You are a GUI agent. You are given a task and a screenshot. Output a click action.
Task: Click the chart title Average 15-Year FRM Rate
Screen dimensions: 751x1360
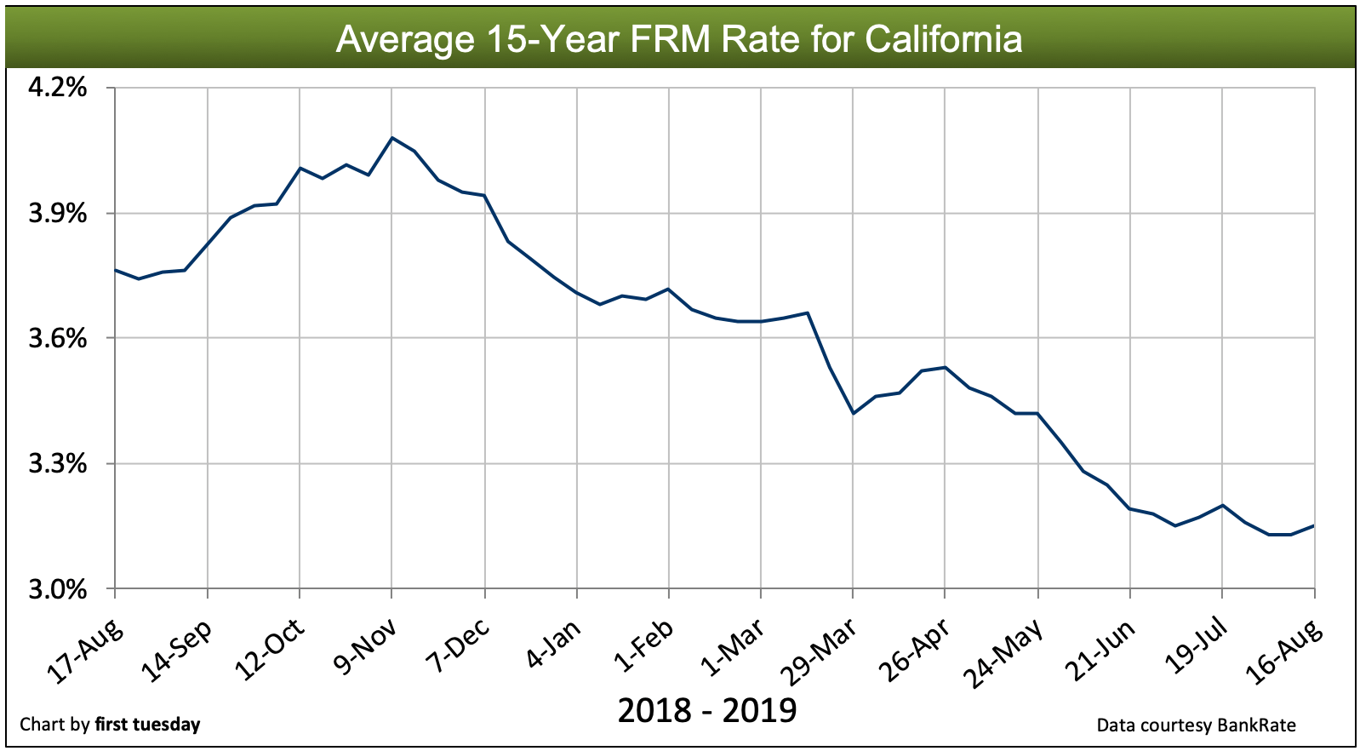coord(678,39)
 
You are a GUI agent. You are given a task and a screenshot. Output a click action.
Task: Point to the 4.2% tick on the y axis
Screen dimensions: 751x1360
coord(58,88)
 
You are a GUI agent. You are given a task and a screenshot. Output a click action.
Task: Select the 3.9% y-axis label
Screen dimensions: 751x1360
coord(58,213)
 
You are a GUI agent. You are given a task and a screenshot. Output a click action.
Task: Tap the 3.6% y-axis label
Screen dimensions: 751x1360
coord(58,338)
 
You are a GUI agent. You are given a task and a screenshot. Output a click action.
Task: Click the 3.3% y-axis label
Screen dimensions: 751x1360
coord(58,463)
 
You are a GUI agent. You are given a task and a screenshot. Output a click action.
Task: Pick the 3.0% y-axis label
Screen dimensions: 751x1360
coord(58,588)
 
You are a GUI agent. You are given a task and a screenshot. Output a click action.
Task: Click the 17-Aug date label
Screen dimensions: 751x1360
coord(84,652)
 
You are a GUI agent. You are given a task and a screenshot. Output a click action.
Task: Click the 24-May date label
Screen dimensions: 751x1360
coord(1005,652)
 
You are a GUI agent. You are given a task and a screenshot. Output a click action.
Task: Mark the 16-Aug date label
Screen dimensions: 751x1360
coord(1284,652)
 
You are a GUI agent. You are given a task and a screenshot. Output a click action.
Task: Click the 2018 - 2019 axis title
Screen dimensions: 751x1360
coord(706,710)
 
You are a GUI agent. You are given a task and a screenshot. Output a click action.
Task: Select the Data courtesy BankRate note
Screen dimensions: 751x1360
coord(1196,725)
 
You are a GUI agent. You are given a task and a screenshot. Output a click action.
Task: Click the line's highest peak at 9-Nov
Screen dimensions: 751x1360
coord(391,137)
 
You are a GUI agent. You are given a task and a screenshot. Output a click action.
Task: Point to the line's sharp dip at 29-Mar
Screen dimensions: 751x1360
coord(853,414)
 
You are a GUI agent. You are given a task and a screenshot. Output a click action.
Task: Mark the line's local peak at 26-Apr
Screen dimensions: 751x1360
coord(945,367)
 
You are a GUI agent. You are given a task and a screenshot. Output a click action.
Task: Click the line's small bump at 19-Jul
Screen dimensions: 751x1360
coord(1222,505)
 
